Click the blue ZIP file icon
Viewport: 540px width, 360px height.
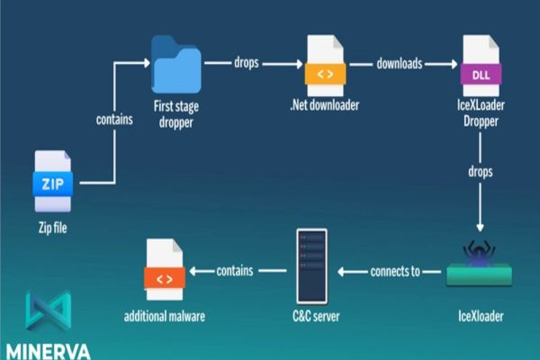(50, 183)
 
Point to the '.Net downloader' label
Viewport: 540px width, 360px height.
(325, 104)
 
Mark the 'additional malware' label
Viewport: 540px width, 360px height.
(164, 317)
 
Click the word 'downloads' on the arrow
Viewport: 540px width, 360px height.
(399, 63)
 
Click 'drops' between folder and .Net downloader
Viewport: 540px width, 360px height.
(247, 63)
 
